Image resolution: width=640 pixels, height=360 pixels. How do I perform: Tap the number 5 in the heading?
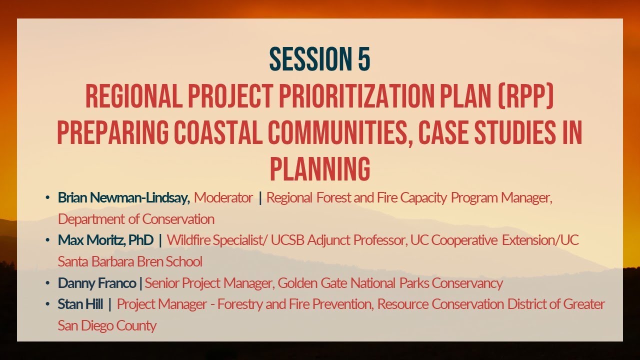click(363, 59)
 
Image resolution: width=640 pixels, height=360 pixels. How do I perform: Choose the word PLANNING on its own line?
click(320, 169)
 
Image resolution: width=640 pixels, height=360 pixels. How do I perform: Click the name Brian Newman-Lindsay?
click(123, 198)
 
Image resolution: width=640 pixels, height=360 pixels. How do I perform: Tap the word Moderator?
click(223, 198)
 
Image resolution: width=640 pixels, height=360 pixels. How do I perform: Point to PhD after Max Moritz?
click(140, 240)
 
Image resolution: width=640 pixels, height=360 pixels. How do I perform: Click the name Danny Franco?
click(97, 283)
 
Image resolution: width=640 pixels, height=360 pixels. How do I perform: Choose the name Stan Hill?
click(80, 304)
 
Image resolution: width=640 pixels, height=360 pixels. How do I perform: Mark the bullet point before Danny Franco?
click(47, 283)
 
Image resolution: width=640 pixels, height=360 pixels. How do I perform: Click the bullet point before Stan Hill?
click(47, 304)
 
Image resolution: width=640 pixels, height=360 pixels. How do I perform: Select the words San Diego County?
click(107, 325)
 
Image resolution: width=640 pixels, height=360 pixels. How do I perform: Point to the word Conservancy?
click(467, 283)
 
